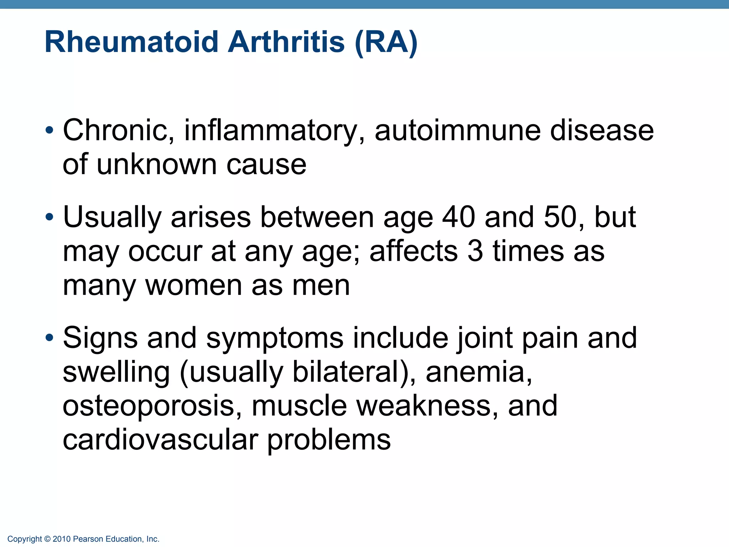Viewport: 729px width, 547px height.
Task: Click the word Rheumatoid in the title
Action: (x=131, y=42)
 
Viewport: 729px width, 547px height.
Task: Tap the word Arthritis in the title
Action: (x=286, y=42)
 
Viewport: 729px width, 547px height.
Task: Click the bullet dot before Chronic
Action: (x=49, y=130)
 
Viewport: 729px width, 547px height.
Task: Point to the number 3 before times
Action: (x=475, y=251)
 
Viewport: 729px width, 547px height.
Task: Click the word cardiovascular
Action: (x=160, y=439)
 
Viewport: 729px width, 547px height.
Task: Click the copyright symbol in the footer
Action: (x=47, y=539)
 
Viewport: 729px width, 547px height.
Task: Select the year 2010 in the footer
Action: (x=62, y=539)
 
